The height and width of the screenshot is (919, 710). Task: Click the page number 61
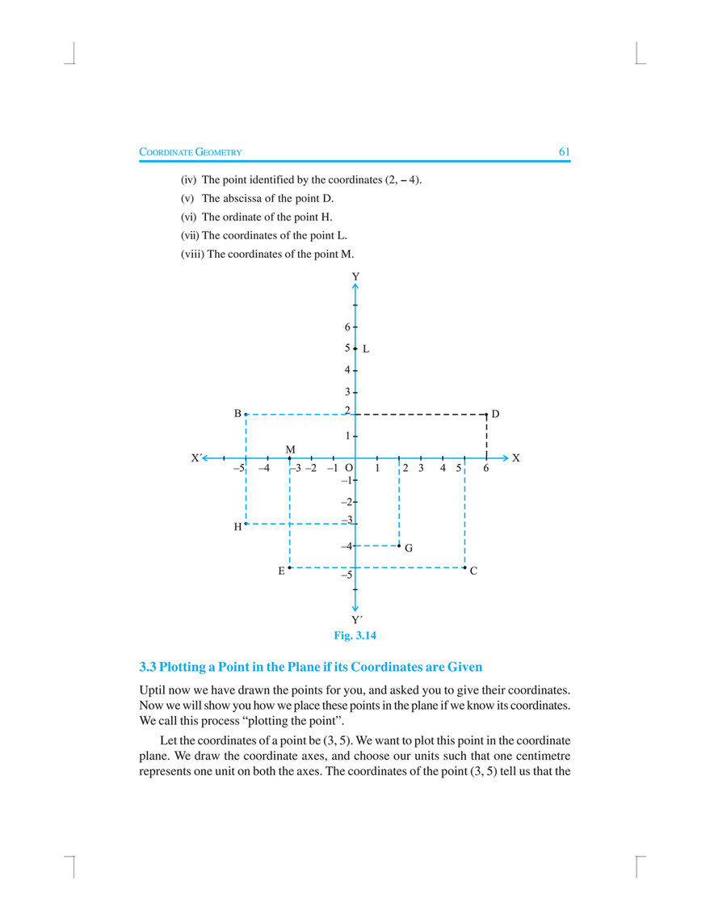564,152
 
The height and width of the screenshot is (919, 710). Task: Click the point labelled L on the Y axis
355,348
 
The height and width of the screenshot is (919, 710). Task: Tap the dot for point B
246,414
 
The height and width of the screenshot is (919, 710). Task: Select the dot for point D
486,414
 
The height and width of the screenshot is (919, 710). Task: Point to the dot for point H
246,525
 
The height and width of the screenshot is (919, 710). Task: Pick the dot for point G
399,546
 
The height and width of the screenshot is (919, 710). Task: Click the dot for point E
289,568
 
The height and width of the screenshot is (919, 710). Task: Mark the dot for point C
464,568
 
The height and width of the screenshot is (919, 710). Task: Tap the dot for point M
289,458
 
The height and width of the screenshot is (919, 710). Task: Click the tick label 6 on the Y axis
347,327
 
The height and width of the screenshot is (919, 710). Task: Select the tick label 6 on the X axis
486,469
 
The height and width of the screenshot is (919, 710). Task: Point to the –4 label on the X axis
263,469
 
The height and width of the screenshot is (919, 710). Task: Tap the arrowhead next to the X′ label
208,458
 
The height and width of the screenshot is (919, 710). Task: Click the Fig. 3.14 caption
355,635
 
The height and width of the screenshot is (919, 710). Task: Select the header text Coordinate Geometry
191,152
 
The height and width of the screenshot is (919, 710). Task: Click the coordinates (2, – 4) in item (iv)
401,179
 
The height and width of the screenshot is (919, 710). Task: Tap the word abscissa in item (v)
245,198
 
